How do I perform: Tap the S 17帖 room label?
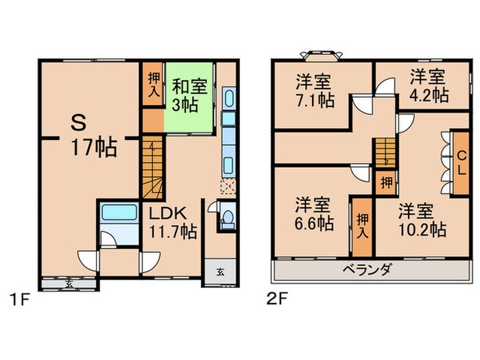pyautogui.click(x=93, y=136)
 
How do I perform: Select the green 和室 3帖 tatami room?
pyautogui.click(x=187, y=96)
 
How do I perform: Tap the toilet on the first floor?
pyautogui.click(x=228, y=218)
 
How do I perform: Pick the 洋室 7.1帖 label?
pyautogui.click(x=314, y=90)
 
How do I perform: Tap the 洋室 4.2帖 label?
pyautogui.click(x=429, y=85)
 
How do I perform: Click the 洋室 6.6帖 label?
pyautogui.click(x=314, y=213)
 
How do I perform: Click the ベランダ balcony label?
pyautogui.click(x=367, y=269)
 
